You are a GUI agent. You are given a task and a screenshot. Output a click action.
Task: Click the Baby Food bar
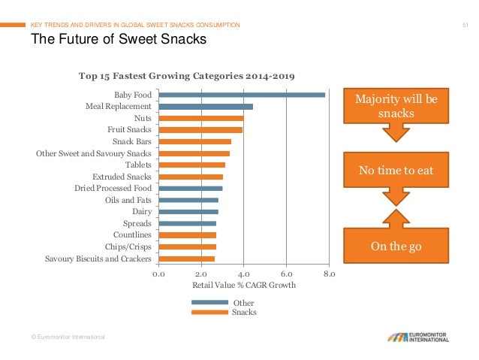[242, 95]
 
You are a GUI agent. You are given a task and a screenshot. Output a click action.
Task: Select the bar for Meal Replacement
[206, 107]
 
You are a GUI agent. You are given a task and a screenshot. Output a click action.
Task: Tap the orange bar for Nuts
[201, 118]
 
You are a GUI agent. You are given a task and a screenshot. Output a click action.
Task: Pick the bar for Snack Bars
[195, 141]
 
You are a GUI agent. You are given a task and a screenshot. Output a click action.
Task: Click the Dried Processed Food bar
[191, 188]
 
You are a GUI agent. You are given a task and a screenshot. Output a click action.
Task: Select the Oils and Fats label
[128, 200]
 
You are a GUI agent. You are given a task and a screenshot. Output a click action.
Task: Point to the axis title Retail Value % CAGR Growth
[244, 286]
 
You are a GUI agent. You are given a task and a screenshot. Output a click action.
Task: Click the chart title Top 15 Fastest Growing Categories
[187, 76]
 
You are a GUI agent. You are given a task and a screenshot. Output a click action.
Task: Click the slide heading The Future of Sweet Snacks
[117, 41]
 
